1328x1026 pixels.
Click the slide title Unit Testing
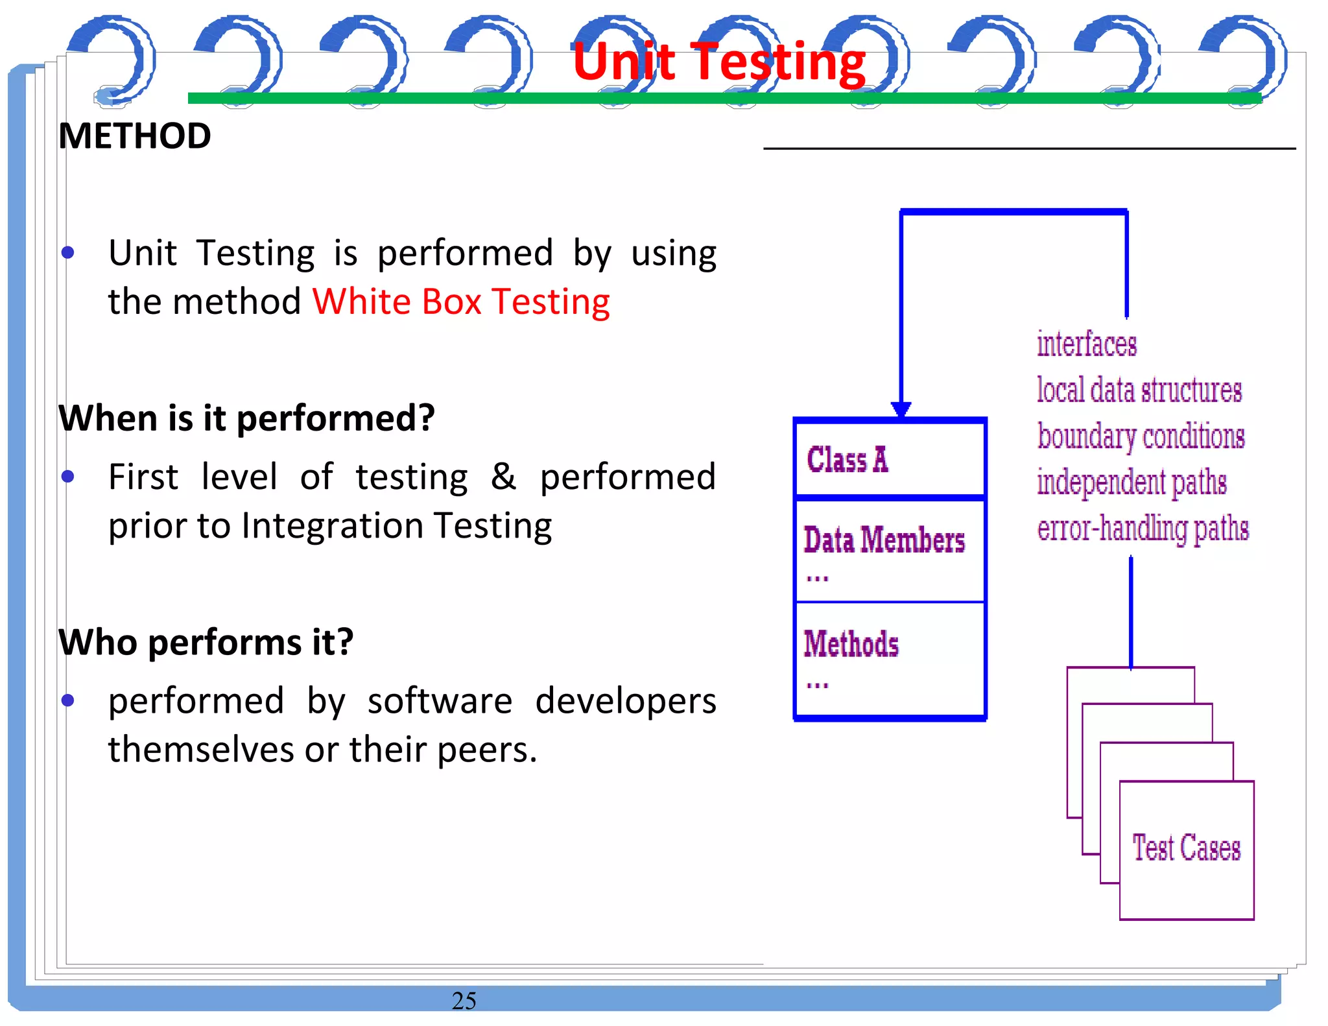coord(718,62)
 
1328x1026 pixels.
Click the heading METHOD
coord(135,136)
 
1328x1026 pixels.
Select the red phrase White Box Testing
coord(461,302)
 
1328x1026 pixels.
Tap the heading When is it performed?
coord(246,418)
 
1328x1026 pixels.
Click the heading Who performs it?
coord(206,642)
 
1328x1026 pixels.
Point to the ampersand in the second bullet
coord(503,477)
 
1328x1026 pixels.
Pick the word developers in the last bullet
coord(626,701)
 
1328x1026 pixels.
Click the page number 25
coord(464,1001)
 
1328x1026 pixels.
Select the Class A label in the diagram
coord(848,460)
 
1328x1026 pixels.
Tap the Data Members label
coord(884,540)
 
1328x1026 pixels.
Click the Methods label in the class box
coord(851,644)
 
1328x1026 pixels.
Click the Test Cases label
coord(1186,848)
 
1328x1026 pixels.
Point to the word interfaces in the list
coord(1086,344)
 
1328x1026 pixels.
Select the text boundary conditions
coord(1141,436)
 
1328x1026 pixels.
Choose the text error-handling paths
coord(1143,529)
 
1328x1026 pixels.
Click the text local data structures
coord(1139,390)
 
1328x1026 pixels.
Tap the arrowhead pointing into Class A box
coord(901,409)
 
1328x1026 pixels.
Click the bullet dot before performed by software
coord(68,700)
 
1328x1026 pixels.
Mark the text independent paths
coord(1132,483)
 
